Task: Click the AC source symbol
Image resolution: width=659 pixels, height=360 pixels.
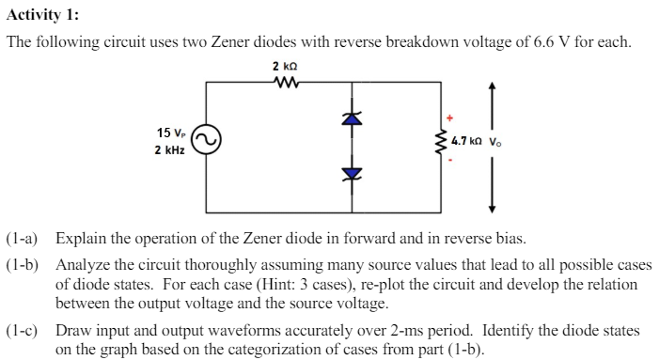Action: pos(207,143)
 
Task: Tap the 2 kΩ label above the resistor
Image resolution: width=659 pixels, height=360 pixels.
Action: pos(283,67)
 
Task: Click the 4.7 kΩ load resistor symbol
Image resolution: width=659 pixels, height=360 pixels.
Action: pos(438,143)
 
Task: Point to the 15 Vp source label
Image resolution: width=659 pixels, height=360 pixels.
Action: pos(170,133)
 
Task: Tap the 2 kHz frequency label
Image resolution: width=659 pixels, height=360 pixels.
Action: pos(169,150)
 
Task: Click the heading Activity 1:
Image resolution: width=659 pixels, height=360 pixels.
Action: pos(42,13)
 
